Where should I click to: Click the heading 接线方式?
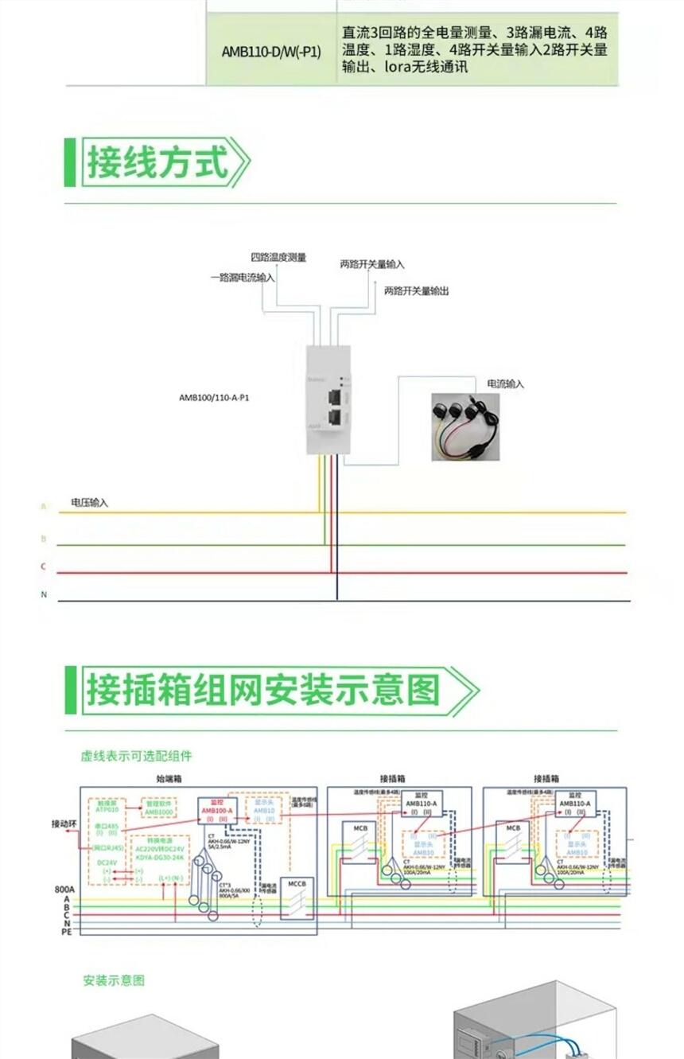157,162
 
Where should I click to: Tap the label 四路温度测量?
278,258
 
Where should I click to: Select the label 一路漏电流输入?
243,278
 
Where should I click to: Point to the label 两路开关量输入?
372,264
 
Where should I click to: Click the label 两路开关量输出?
417,291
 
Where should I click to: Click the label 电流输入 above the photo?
506,383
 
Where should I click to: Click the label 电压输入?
89,503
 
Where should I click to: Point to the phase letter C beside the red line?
44,566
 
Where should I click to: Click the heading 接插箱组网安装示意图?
262,690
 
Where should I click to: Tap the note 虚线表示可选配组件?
136,755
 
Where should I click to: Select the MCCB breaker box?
297,897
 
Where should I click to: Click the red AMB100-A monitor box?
218,811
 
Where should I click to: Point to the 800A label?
64,889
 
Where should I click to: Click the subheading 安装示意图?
114,981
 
